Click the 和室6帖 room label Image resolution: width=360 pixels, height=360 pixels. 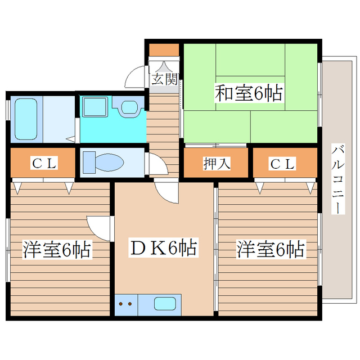[248, 93]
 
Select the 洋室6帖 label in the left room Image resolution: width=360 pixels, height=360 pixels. [56, 250]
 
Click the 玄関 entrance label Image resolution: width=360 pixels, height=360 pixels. [164, 78]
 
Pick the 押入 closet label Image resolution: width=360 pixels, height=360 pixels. [215, 164]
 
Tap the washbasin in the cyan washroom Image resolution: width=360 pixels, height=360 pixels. [128, 106]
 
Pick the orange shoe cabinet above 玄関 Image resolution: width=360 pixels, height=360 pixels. [164, 49]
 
